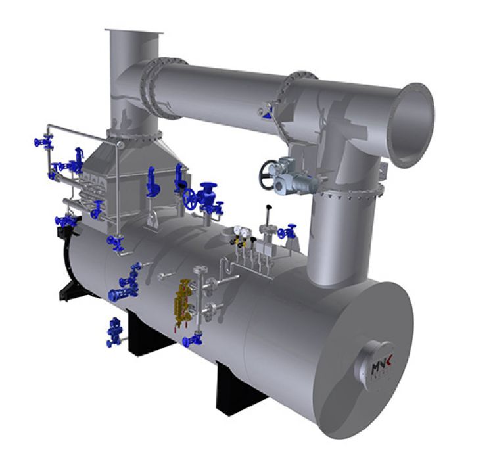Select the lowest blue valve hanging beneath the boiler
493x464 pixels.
[114, 331]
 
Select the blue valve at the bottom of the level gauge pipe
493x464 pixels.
[193, 339]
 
